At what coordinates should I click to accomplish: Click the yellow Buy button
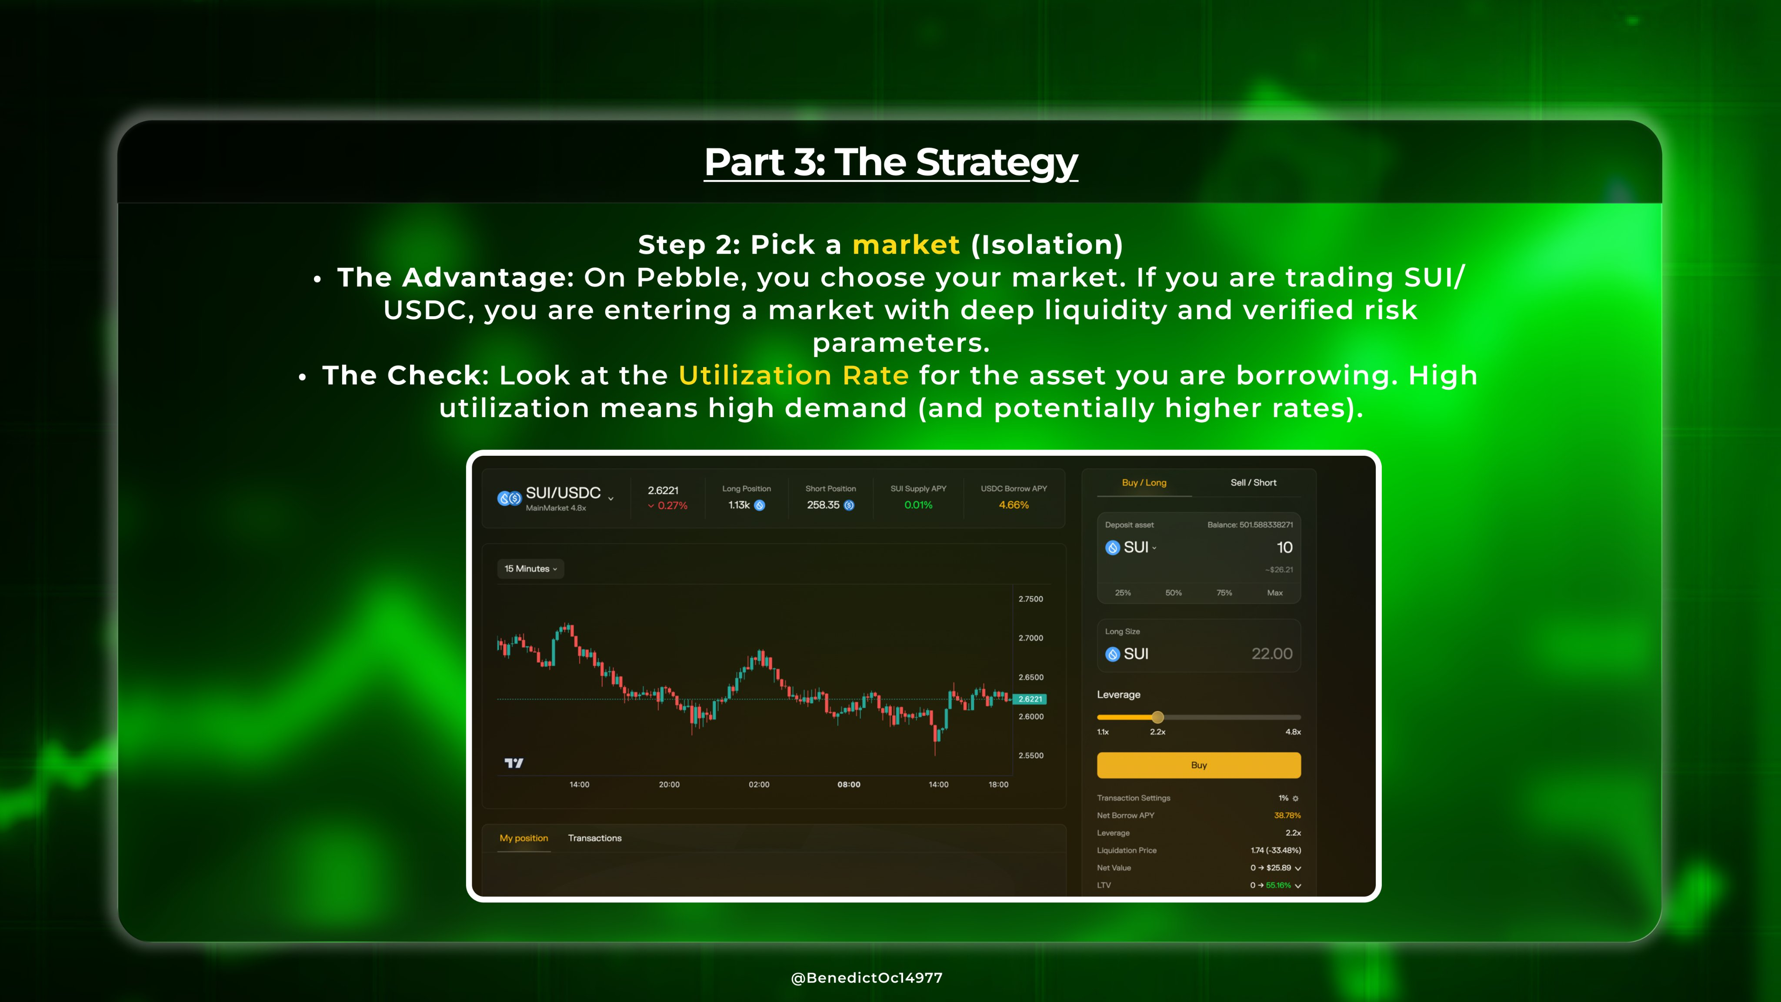(x=1198, y=765)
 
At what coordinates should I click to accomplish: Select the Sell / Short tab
(x=1253, y=483)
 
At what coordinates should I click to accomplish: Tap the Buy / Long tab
(x=1144, y=483)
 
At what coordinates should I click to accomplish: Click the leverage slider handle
(x=1157, y=717)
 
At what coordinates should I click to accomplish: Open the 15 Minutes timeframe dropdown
(x=530, y=568)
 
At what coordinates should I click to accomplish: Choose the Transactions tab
(x=594, y=838)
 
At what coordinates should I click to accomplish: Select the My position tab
(x=524, y=838)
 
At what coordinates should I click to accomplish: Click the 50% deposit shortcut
(x=1173, y=593)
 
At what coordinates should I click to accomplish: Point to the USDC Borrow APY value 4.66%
(x=1014, y=505)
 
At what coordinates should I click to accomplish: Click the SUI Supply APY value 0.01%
(x=918, y=505)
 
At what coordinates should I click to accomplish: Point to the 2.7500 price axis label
(x=1030, y=599)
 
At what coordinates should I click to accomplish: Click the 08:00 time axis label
(x=848, y=784)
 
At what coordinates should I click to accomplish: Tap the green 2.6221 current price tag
(x=1030, y=699)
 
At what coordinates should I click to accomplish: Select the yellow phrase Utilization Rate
(x=794, y=375)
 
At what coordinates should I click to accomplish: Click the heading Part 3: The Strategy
(x=890, y=163)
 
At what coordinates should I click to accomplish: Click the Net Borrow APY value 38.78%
(x=1287, y=815)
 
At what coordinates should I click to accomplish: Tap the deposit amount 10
(x=1284, y=548)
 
